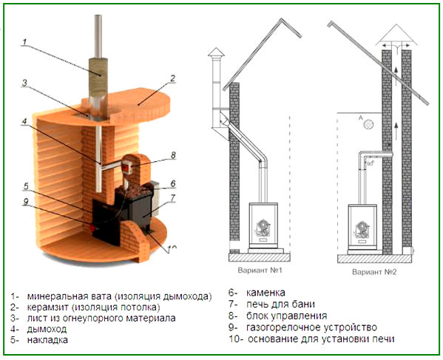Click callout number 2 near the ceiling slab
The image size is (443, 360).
(172, 78)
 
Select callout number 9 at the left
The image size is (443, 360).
(25, 201)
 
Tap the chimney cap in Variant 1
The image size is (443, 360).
(214, 55)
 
